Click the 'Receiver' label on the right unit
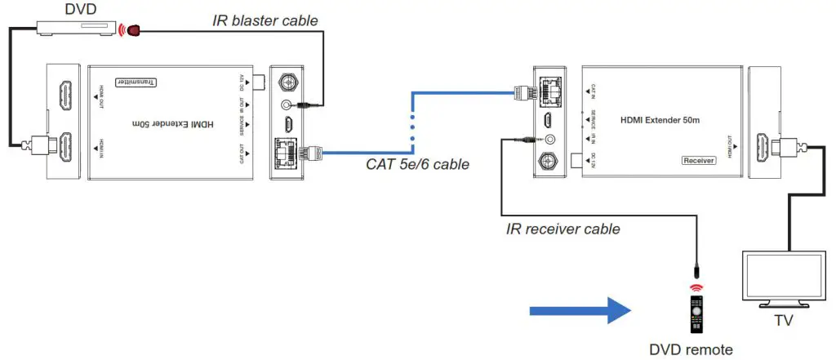698,161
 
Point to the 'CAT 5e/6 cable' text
418,165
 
